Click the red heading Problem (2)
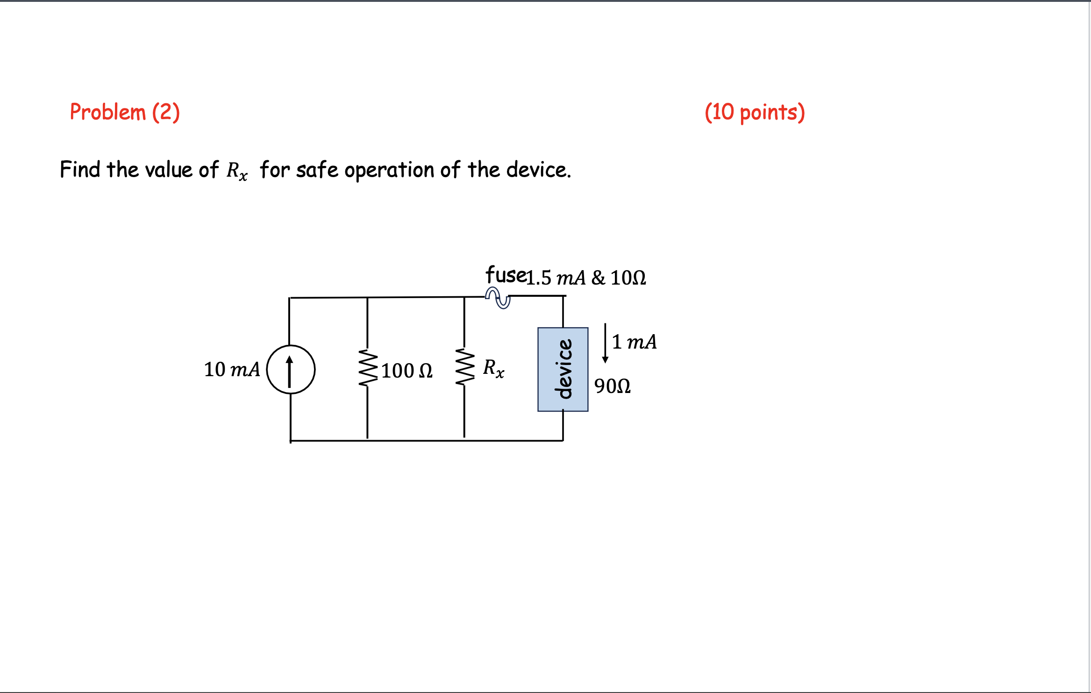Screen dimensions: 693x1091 (124, 112)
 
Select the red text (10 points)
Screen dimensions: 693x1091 (754, 112)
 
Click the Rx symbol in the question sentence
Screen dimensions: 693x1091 (237, 171)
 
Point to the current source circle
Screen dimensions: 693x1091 (291, 369)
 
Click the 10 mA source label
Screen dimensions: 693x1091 (232, 369)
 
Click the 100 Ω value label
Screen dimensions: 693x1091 (406, 371)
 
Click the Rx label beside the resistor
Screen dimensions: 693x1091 (493, 368)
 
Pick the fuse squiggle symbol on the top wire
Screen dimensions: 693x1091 (498, 298)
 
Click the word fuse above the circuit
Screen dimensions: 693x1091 (506, 275)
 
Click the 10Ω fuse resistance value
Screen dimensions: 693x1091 (628, 278)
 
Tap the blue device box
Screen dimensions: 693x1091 (563, 369)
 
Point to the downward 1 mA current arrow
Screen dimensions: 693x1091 (605, 343)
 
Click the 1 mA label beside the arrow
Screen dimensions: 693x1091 (634, 342)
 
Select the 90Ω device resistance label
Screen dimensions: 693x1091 (612, 386)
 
